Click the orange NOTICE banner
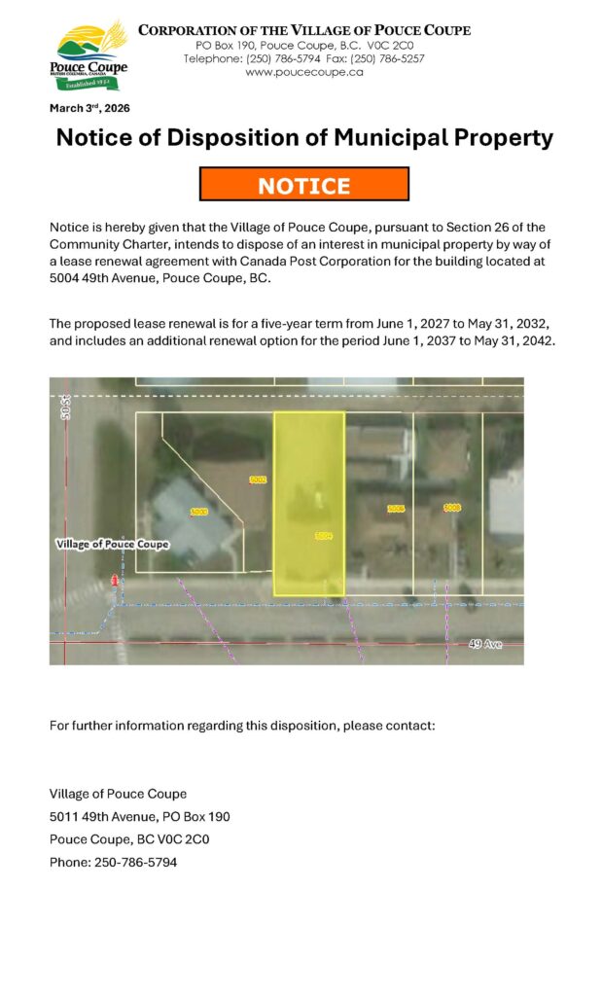[303, 185]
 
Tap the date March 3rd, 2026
[89, 108]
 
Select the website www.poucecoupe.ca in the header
[303, 72]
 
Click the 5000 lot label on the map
[198, 512]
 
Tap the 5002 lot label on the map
[258, 480]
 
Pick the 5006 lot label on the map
[396, 509]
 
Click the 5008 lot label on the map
[452, 508]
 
